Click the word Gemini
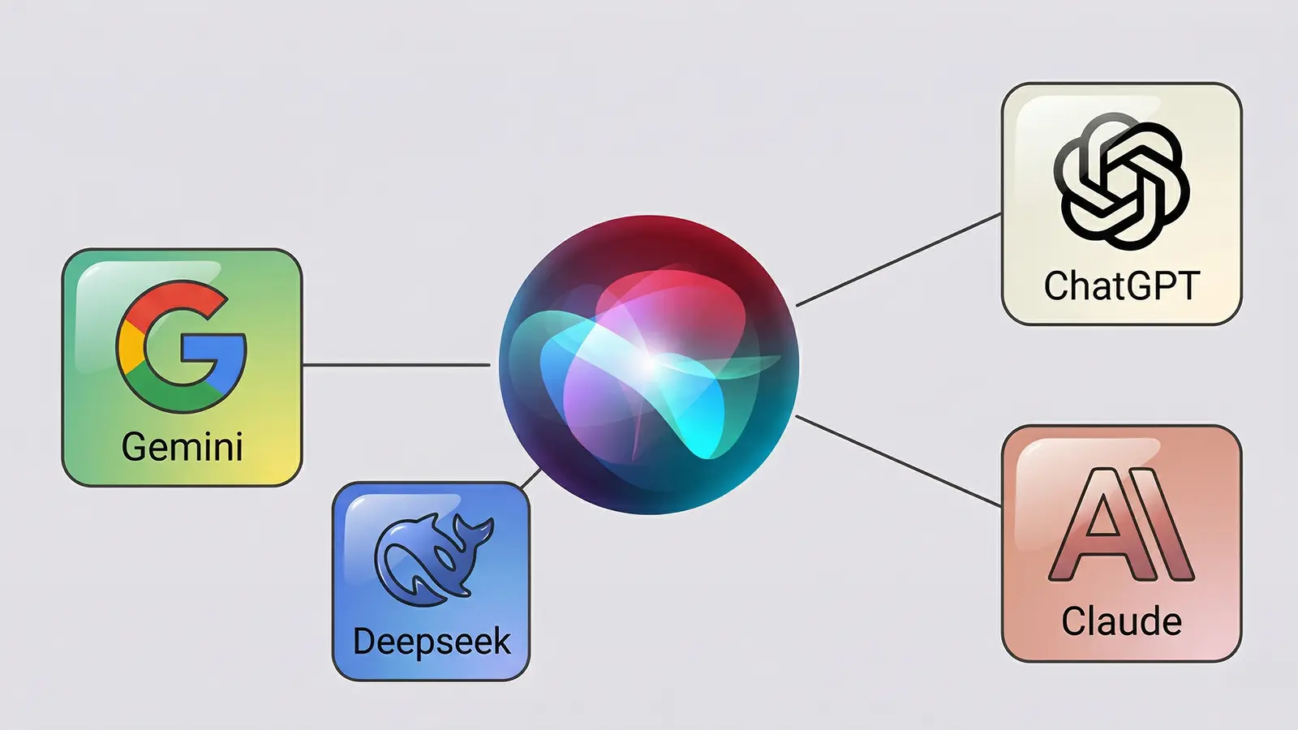[x=182, y=447]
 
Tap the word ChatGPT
[x=1121, y=286]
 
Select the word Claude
[x=1121, y=622]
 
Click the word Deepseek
[x=432, y=642]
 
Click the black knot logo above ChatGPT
[x=1121, y=180]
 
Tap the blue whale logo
[x=432, y=560]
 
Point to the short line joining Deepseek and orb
[x=531, y=479]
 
